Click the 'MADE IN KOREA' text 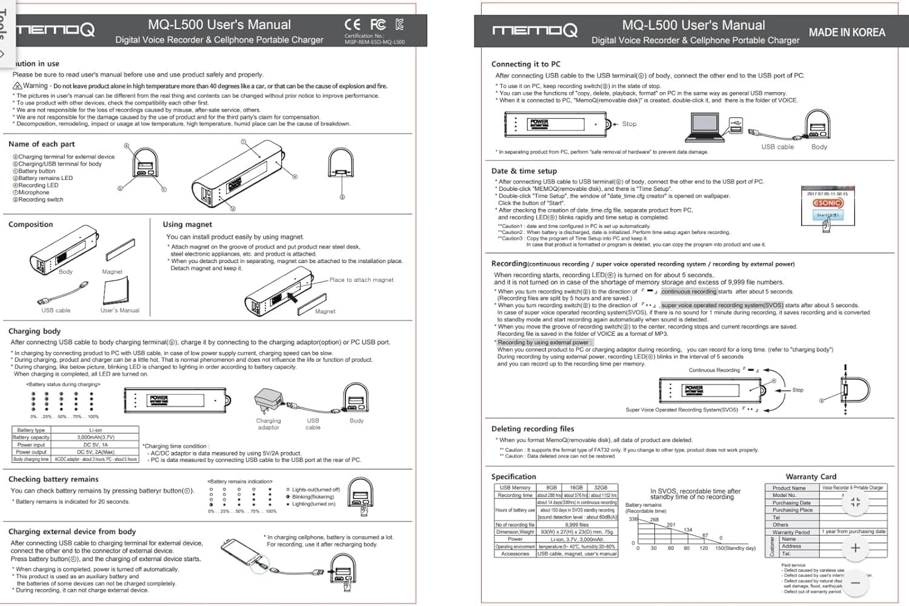click(847, 33)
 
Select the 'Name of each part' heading click(41, 144)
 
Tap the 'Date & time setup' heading click(524, 171)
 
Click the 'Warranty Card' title click(810, 477)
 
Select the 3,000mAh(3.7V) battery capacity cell click(95, 437)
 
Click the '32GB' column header click(600, 487)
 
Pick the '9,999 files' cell click(576, 525)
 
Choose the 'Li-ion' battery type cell click(95, 430)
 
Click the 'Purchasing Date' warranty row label click(791, 503)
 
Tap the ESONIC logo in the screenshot click(827, 203)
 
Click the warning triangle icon click(17, 86)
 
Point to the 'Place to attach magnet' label click(361, 280)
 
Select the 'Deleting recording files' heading click(533, 429)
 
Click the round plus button click(855, 548)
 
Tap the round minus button click(855, 583)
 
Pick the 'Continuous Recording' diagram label click(714, 370)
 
